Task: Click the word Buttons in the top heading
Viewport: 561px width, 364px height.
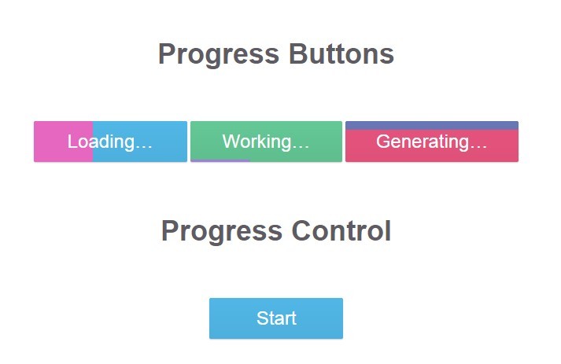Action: click(x=341, y=54)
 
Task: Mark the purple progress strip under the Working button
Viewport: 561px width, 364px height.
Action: click(x=220, y=160)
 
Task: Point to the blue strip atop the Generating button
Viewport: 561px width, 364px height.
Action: click(x=431, y=125)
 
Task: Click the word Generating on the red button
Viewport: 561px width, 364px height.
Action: click(x=422, y=142)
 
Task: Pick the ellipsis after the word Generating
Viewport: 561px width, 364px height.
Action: click(x=478, y=144)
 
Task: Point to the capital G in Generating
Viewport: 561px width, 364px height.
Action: click(x=382, y=142)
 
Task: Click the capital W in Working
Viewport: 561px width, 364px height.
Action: click(x=230, y=142)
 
